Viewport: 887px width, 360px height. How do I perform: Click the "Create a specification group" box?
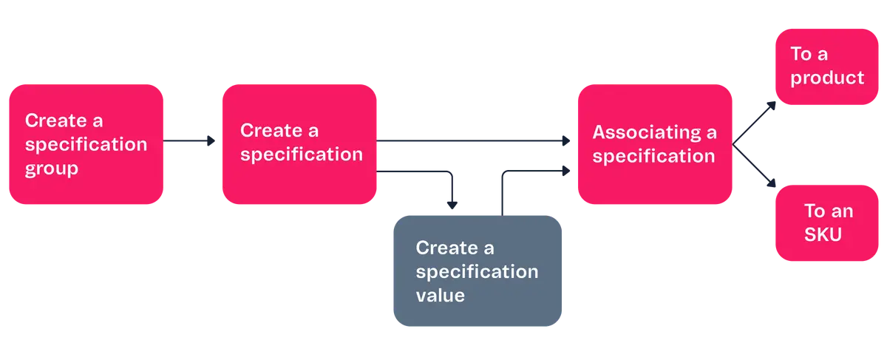point(85,144)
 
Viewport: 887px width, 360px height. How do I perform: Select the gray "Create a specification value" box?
point(478,271)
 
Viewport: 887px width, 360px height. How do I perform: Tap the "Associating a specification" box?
point(654,144)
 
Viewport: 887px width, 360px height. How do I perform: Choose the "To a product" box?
point(826,67)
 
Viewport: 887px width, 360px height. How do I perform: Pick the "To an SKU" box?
point(826,223)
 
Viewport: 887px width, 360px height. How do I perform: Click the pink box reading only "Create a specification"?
point(299,144)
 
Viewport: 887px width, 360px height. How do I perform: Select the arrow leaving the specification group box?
point(190,140)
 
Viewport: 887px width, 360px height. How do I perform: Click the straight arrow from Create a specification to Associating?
point(473,140)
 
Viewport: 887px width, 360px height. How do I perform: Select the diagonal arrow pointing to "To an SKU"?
point(755,167)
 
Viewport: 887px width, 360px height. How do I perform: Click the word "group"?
point(52,169)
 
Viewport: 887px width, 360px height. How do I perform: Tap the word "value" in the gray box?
point(440,295)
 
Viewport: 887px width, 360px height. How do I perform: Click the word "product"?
point(827,78)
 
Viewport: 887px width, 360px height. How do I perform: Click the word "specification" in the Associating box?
point(653,157)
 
